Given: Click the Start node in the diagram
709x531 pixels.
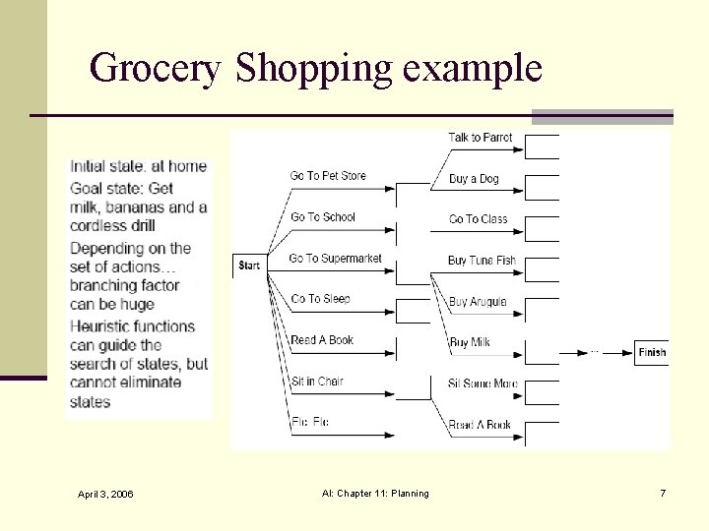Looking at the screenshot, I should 249,265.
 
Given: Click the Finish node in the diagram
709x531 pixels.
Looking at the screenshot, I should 652,352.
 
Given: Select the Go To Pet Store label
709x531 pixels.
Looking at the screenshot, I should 328,176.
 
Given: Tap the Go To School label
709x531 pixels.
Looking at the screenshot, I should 323,217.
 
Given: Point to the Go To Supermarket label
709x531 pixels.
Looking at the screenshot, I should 335,259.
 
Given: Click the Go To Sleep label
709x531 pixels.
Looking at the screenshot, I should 321,299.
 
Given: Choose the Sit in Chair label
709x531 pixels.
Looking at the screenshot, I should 317,382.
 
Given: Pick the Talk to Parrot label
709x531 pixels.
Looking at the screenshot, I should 481,138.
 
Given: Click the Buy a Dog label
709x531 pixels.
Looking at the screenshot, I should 474,179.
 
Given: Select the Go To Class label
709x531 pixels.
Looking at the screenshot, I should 478,219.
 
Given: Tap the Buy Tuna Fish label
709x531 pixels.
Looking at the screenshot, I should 482,261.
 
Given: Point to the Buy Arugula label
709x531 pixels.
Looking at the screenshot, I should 478,302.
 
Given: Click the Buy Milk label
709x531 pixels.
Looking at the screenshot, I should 470,343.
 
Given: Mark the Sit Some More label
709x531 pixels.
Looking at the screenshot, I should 482,383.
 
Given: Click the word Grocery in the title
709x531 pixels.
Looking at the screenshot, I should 157,68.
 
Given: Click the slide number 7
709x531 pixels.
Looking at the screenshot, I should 663,493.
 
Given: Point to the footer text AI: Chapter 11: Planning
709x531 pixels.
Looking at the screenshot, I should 375,494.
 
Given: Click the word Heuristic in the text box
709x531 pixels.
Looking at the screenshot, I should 104,326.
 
